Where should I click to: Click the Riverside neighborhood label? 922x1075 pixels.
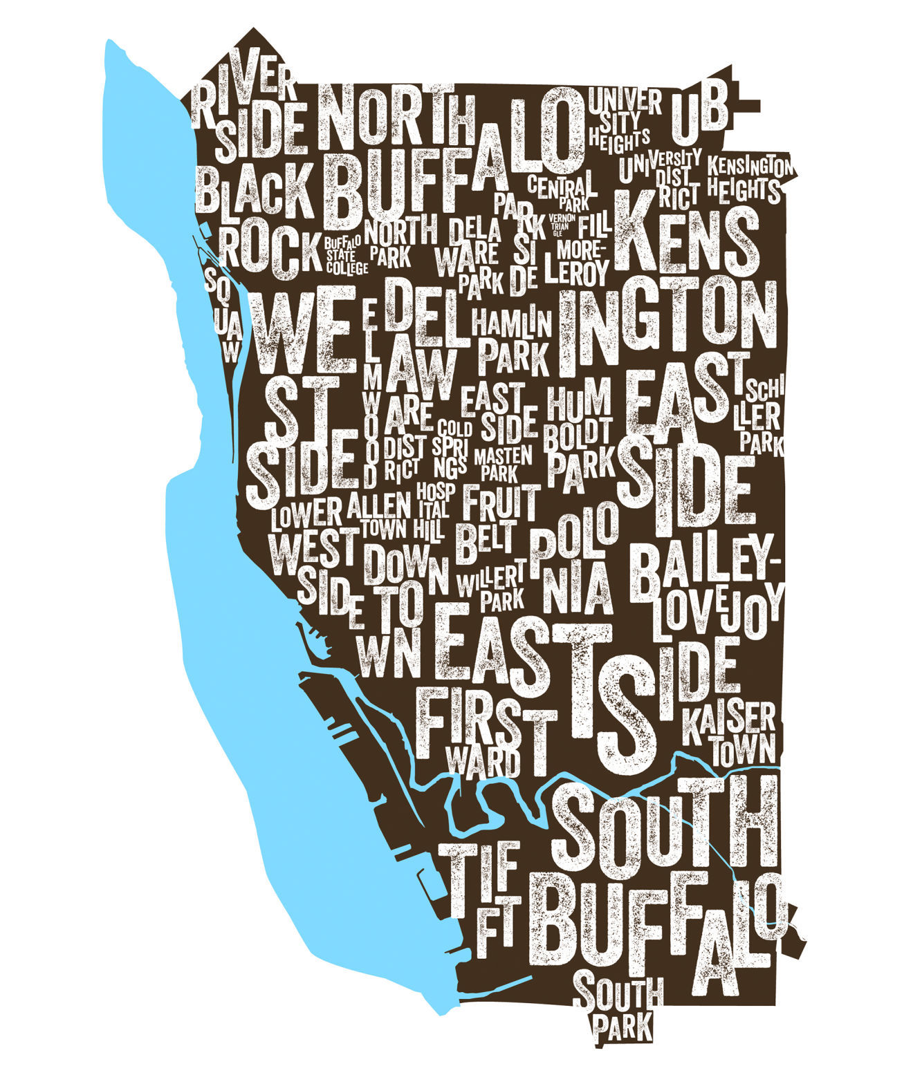point(249,114)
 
